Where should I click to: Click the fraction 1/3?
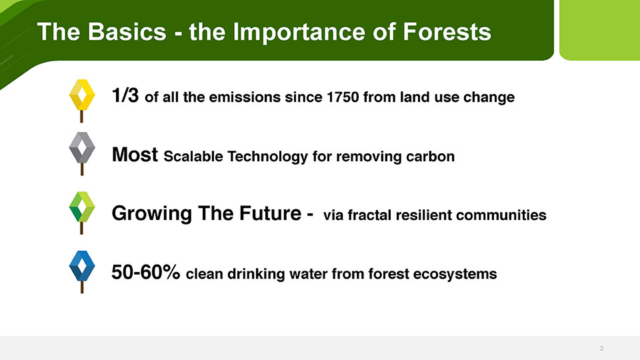click(x=125, y=95)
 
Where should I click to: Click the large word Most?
click(x=135, y=155)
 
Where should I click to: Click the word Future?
click(x=270, y=213)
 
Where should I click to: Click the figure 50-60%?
click(x=146, y=272)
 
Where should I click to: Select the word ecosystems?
click(x=455, y=274)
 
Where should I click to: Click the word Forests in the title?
click(x=447, y=32)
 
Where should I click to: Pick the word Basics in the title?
click(x=127, y=32)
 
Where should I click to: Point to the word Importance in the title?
click(x=299, y=32)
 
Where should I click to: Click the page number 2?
click(x=601, y=348)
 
